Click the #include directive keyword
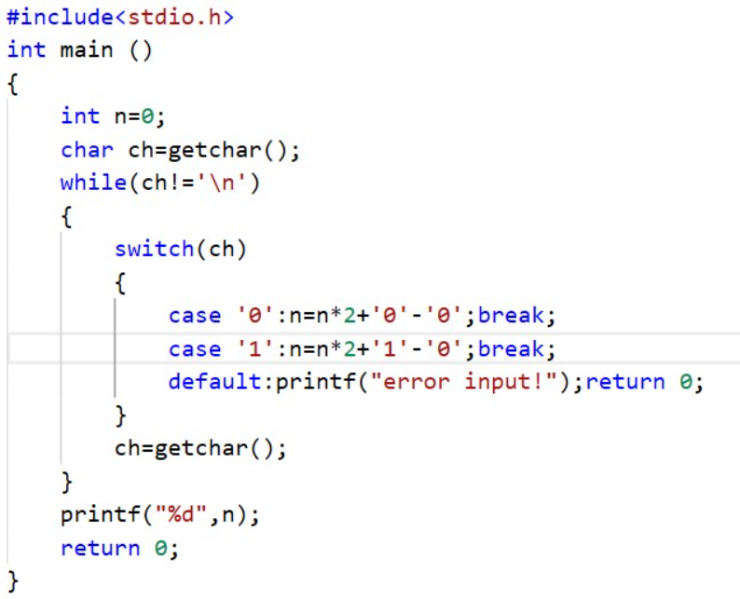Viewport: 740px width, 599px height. coord(61,18)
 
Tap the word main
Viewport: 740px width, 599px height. coord(87,49)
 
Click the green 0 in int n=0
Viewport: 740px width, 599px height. coord(147,116)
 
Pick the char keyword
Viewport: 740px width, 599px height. coord(87,150)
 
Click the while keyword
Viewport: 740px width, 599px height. coord(93,183)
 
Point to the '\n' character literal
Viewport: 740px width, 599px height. coord(222,183)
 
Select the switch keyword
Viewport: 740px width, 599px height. coord(154,249)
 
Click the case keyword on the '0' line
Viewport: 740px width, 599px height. coord(195,316)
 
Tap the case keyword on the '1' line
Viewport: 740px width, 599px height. coord(195,349)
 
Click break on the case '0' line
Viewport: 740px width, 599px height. coord(511,315)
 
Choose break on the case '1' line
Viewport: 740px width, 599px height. coord(511,349)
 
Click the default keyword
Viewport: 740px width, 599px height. coord(214,382)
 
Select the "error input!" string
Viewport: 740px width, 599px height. coord(464,382)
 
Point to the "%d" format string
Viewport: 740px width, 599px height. coord(181,514)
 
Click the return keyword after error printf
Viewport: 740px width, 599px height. coord(624,382)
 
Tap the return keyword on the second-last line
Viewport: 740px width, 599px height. coord(100,548)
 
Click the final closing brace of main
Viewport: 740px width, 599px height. coord(13,581)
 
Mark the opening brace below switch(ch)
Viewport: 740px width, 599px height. coord(120,283)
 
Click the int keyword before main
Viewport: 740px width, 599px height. coord(26,49)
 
